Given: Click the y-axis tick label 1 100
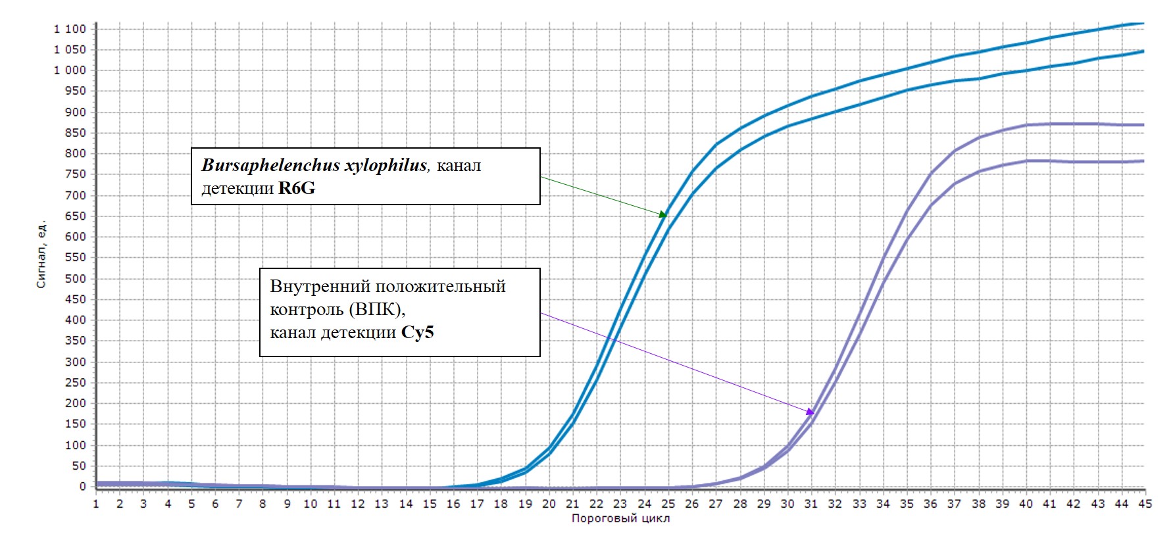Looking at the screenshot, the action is tap(70, 29).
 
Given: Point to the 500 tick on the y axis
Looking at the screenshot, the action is tap(76, 278).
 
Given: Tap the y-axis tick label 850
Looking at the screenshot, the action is tap(76, 133).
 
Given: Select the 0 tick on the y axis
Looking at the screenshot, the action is tap(83, 486).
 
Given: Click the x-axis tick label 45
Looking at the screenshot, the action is tap(1145, 504).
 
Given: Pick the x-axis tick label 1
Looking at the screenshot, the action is tap(96, 504).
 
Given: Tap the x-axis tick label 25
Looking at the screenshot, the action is tap(668, 504).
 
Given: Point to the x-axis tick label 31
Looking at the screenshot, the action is tap(811, 504).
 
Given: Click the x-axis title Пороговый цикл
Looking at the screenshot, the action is tap(620, 518).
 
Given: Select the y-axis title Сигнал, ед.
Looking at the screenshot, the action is tap(41, 254).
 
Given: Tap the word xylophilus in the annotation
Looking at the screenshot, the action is tap(387, 165).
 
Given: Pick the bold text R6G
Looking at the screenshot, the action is tap(297, 189).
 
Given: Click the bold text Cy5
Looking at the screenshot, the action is tap(418, 333).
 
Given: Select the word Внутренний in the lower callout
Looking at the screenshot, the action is tap(317, 287).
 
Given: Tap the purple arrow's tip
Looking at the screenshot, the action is tap(814, 414).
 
